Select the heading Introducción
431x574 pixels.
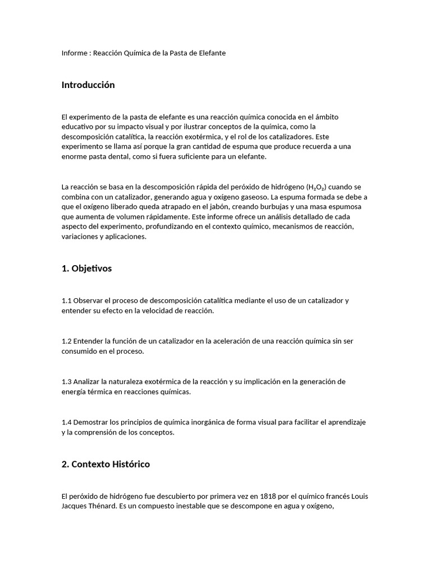[x=88, y=85]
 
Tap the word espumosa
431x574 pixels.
[x=349, y=207]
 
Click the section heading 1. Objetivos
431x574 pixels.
[x=86, y=269]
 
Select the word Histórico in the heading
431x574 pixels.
[x=130, y=465]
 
